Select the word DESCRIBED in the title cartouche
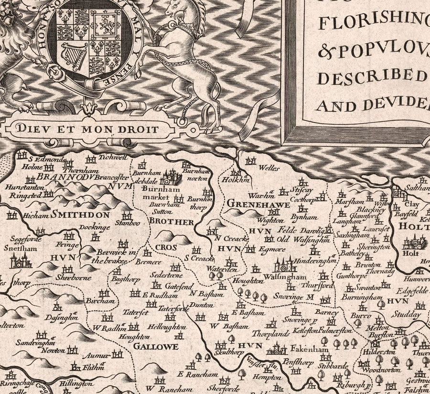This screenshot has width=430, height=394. coord(373,76)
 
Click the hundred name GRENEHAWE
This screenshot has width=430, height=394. coord(258,204)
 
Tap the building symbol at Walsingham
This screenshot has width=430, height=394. coord(285,264)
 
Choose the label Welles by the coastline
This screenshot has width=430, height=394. coord(269,168)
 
